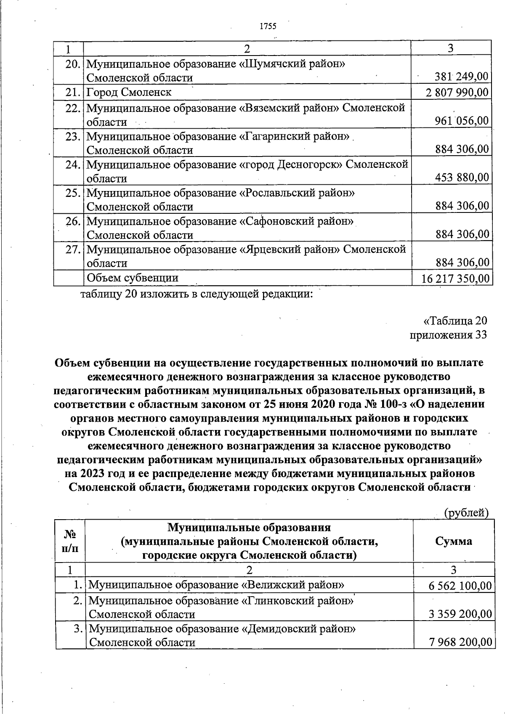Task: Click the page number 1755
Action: [x=268, y=27]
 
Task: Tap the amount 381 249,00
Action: [x=462, y=77]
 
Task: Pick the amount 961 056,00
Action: [x=462, y=121]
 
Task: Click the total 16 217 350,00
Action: [x=455, y=279]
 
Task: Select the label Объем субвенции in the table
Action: [x=132, y=278]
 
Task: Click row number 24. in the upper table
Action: [x=73, y=165]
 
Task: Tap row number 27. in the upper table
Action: [x=73, y=250]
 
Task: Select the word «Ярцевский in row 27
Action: [x=268, y=250]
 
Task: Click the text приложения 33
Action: [x=448, y=334]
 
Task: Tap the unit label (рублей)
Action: [x=466, y=512]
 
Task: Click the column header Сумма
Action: [x=454, y=541]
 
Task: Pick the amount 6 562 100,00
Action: [x=460, y=585]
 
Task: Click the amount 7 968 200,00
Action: [x=460, y=642]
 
